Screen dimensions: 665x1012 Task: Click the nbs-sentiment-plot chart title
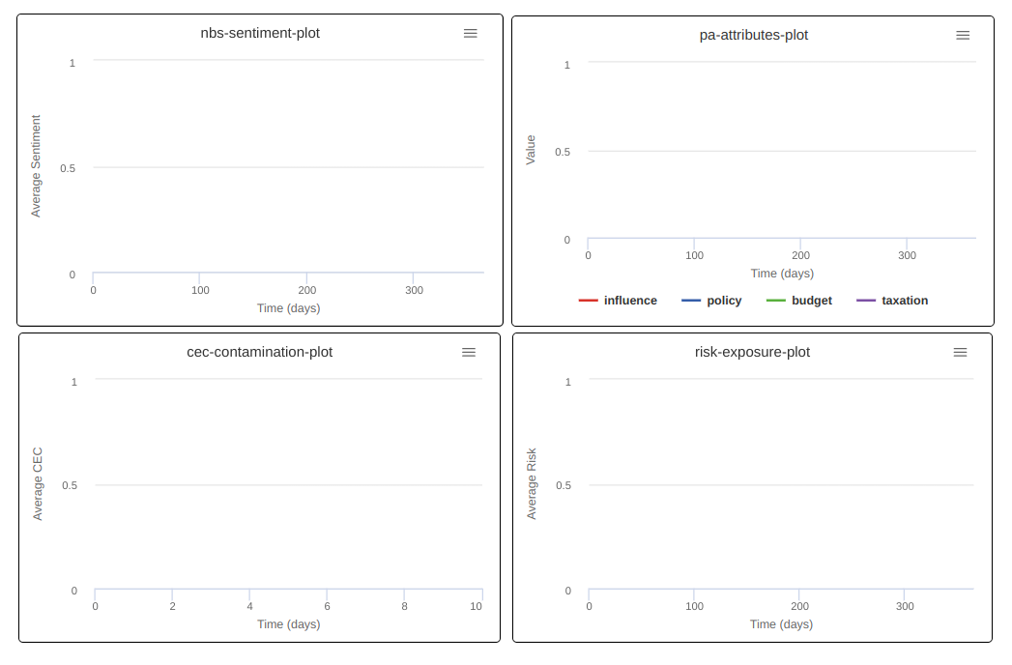click(x=260, y=33)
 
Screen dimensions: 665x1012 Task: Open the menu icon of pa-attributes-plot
click(x=963, y=35)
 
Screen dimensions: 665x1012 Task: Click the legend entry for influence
click(x=619, y=301)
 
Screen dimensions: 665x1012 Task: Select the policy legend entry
click(x=712, y=301)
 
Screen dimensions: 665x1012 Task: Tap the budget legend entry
click(x=799, y=301)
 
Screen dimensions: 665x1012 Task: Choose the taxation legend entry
click(x=892, y=301)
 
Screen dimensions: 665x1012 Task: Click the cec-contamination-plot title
click(x=259, y=352)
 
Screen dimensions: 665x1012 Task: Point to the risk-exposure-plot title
click(x=752, y=352)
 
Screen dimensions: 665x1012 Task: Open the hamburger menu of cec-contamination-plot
click(x=469, y=352)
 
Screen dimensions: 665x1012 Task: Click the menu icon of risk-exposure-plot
click(x=960, y=352)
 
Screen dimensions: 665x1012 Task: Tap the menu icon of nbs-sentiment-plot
click(x=471, y=33)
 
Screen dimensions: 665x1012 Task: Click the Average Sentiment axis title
click(x=37, y=166)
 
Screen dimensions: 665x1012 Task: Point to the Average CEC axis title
click(x=38, y=484)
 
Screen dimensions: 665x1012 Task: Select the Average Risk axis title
click(x=532, y=484)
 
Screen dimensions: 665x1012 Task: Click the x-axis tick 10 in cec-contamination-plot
click(x=476, y=606)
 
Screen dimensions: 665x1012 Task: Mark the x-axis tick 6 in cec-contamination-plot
click(x=327, y=606)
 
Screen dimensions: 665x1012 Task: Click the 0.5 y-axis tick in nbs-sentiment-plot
click(x=68, y=168)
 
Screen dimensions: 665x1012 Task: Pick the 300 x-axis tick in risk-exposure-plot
click(x=905, y=606)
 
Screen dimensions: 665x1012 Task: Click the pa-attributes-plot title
click(x=754, y=35)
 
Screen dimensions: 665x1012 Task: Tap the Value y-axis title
click(x=531, y=150)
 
